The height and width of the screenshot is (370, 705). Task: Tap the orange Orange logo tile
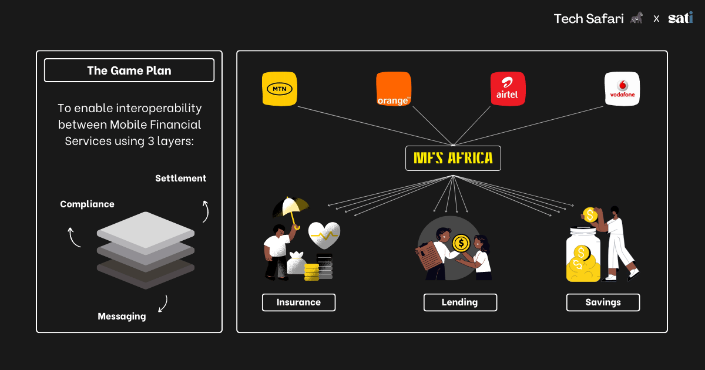tap(393, 89)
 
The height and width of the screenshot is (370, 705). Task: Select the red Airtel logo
tap(508, 89)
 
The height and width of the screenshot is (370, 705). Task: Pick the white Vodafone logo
tap(622, 89)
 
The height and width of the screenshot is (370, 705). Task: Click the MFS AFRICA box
tap(453, 159)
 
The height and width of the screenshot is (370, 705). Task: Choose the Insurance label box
tap(298, 302)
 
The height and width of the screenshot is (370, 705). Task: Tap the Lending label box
tap(460, 302)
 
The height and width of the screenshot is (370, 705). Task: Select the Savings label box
tap(603, 302)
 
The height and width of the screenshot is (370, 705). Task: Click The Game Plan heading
tap(129, 71)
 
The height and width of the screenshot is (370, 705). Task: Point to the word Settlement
tap(180, 178)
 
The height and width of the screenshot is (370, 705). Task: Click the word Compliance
tap(87, 204)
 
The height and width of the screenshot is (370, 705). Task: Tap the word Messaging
tap(122, 317)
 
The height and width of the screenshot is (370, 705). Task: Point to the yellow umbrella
tap(291, 207)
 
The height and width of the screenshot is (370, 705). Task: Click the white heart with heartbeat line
tap(325, 236)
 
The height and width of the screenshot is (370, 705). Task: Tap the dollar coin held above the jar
tap(590, 215)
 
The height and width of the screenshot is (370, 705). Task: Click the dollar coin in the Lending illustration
tap(462, 242)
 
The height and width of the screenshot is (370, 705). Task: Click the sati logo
tap(680, 18)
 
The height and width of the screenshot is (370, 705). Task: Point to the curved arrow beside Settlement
tap(205, 211)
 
